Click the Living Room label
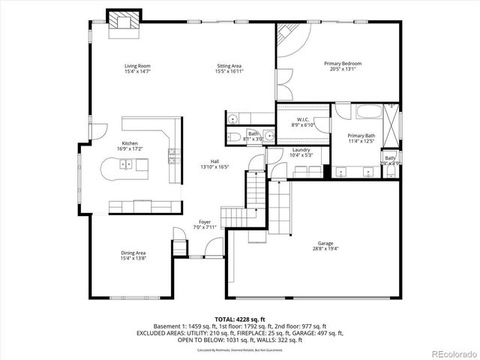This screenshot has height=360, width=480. point(137,66)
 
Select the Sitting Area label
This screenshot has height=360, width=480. point(229,66)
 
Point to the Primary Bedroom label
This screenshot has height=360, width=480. point(343,64)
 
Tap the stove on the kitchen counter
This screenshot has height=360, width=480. point(175,155)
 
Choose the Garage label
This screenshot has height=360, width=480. point(325,244)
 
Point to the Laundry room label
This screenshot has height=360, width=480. point(301,150)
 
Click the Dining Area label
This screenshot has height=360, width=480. point(133,253)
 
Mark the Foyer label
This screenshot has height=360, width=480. point(204,222)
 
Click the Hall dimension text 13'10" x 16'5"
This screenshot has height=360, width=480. point(214,167)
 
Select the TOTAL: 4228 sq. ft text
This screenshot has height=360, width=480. point(239,319)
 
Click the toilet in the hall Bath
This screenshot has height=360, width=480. point(232,118)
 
